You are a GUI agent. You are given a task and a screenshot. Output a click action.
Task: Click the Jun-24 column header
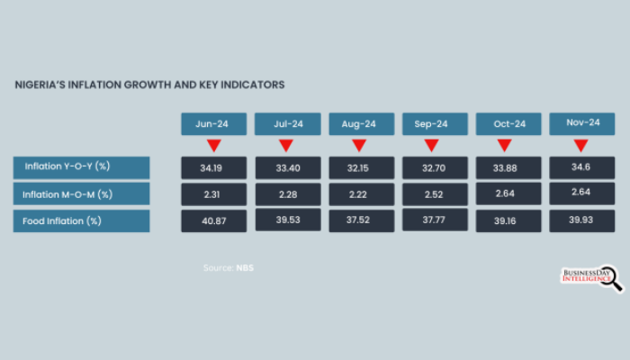(212, 123)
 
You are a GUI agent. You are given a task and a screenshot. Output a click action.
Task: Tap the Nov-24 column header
(581, 123)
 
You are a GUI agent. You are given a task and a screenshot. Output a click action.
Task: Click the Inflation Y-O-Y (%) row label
(81, 166)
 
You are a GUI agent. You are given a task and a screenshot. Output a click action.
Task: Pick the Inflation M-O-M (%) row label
(81, 193)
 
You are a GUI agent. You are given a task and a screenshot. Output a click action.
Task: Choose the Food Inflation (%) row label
(81, 220)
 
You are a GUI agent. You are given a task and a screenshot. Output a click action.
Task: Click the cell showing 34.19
(212, 167)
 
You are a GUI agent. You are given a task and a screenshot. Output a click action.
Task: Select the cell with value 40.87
(212, 221)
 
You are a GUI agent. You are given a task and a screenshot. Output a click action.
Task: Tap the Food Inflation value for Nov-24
(581, 221)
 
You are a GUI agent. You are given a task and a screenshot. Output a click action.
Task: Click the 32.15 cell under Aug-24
(360, 167)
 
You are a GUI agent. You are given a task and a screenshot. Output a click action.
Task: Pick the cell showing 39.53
(286, 221)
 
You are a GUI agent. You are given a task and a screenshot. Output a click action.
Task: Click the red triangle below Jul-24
(286, 146)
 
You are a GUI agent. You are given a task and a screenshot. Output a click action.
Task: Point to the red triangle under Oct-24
(504, 146)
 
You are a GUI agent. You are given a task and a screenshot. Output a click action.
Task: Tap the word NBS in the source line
(245, 267)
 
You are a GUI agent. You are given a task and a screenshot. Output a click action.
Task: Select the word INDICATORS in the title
(247, 85)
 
